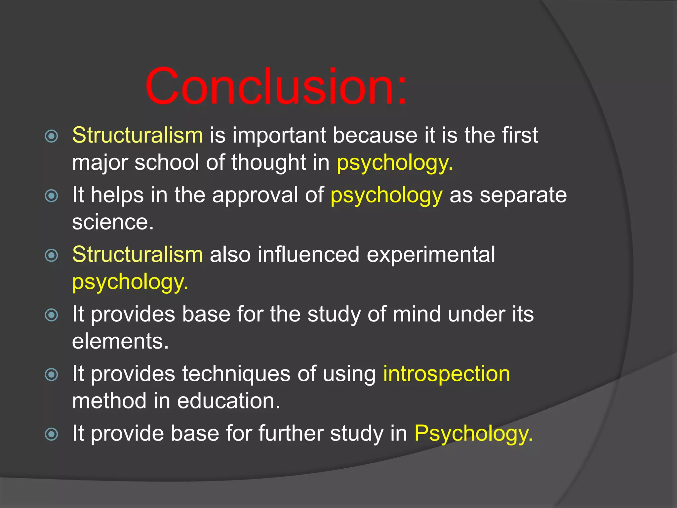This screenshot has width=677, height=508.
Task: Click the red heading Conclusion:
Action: click(276, 87)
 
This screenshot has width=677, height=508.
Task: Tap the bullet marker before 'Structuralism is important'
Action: click(52, 136)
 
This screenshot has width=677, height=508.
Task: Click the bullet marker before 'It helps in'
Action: click(52, 196)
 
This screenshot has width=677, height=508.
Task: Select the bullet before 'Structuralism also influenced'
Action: click(52, 255)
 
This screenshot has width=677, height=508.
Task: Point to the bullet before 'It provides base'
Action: click(52, 315)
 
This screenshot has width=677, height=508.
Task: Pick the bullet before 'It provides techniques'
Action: click(52, 375)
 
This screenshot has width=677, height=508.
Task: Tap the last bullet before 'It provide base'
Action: click(52, 434)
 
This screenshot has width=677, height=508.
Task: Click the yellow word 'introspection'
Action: click(447, 374)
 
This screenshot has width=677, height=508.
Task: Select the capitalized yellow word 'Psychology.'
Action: click(473, 434)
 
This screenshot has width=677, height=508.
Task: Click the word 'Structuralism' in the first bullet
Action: click(138, 136)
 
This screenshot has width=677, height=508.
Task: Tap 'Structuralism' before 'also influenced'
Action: click(138, 255)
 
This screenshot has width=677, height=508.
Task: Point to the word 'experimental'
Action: click(431, 255)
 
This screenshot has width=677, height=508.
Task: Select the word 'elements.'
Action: click(120, 341)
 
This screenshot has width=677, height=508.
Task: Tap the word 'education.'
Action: click(228, 401)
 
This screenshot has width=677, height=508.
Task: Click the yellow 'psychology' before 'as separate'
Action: click(386, 196)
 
